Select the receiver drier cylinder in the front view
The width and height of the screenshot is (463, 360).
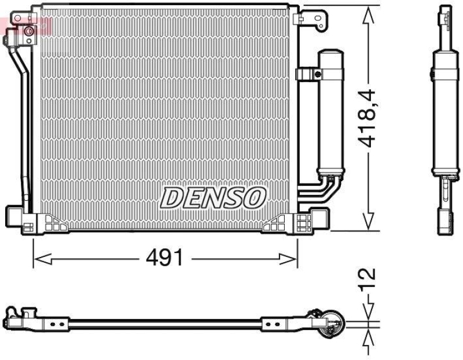click(330, 110)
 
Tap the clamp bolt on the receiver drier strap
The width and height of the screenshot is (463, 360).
click(317, 74)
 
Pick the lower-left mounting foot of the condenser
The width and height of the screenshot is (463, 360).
click(23, 219)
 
